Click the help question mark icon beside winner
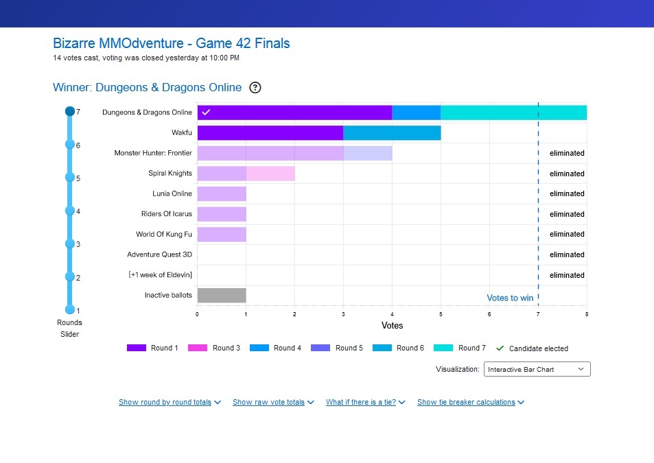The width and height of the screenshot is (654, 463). [255, 87]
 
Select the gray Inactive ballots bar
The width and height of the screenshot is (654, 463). [222, 296]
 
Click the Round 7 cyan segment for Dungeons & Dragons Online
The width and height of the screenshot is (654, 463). [513, 112]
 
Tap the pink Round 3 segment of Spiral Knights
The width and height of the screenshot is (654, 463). [270, 174]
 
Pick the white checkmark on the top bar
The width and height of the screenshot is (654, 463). [207, 112]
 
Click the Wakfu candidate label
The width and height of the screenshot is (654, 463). [182, 132]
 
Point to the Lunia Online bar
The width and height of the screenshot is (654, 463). [222, 194]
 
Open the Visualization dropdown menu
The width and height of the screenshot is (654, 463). [537, 369]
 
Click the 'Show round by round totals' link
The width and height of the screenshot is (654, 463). [169, 403]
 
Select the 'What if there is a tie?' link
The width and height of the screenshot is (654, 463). [365, 403]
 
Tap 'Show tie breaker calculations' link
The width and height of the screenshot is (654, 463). [470, 403]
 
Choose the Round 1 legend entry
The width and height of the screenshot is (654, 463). [152, 348]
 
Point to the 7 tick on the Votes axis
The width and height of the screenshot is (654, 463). [538, 314]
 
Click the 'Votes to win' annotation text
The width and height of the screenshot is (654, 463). [510, 298]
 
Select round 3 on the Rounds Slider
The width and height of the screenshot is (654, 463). [69, 244]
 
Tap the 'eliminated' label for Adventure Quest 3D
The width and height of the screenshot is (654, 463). [567, 254]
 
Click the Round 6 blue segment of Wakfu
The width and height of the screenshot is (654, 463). [392, 133]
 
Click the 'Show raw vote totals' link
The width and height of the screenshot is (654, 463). [273, 403]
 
